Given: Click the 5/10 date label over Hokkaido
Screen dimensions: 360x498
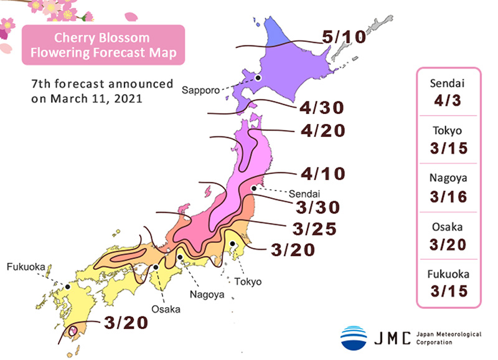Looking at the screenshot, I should pos(344,37).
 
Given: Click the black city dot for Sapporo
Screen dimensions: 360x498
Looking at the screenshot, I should pos(258,78).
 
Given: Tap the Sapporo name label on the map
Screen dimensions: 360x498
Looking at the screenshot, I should pos(200,90).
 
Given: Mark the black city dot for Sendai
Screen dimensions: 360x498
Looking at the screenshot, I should pos(254,187).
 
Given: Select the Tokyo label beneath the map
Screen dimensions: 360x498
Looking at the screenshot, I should pos(248,282).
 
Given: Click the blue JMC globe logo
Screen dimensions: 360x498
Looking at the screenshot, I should pos(354,338).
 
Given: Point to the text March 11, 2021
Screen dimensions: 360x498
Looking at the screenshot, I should pos(87,98).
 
